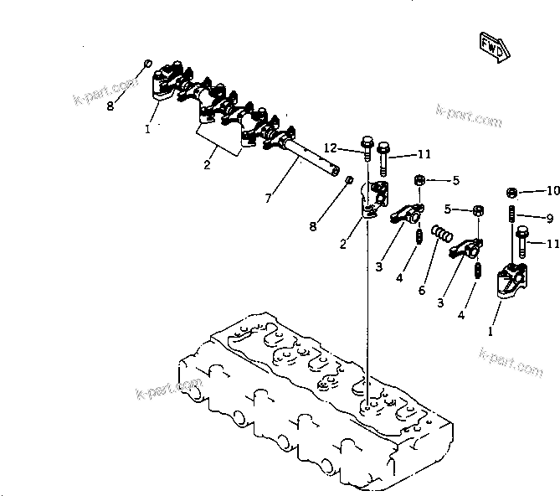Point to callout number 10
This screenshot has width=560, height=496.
pos(552,191)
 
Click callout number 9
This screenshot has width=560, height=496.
pos(550,218)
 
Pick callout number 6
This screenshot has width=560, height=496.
pos(422,290)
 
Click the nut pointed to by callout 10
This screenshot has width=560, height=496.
pos(512,192)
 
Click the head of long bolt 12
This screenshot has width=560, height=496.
pos(366,143)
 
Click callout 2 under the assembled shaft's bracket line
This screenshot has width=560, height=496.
pos(207,165)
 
